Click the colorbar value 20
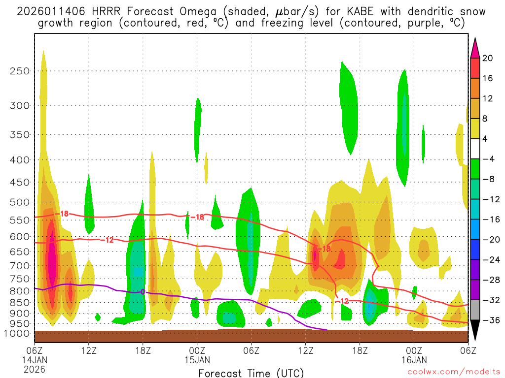click(x=488, y=58)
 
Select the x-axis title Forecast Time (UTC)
click(x=251, y=373)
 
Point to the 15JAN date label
click(x=197, y=360)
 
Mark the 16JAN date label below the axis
click(x=414, y=360)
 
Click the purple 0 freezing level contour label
click(x=143, y=292)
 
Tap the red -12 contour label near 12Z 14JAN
click(x=108, y=240)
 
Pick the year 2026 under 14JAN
click(x=35, y=369)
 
